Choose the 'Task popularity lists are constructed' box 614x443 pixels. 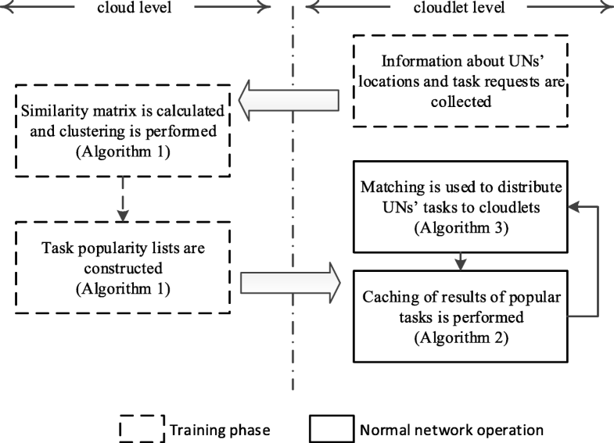point(121,267)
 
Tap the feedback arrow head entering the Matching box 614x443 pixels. point(574,207)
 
